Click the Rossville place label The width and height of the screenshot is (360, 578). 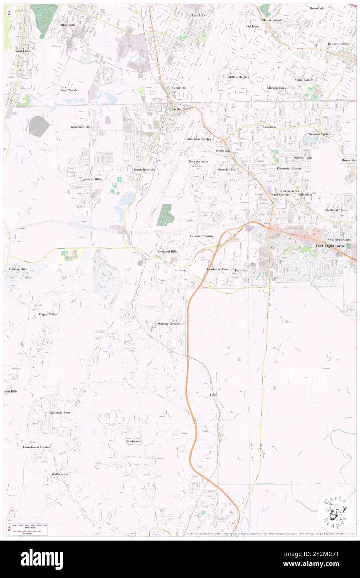click(x=175, y=109)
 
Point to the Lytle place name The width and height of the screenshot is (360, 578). click(x=214, y=394)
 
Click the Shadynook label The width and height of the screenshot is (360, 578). click(x=133, y=441)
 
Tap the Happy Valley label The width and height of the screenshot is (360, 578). click(x=48, y=314)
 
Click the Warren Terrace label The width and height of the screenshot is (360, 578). click(x=168, y=324)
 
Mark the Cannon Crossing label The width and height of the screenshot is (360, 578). click(x=202, y=236)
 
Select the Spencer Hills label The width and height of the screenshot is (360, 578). click(x=92, y=179)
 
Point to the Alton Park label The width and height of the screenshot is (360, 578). click(x=67, y=25)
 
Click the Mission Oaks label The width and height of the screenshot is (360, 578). click(x=276, y=88)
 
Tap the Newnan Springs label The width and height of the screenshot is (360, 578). click(x=320, y=134)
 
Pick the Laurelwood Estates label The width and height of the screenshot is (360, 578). click(x=36, y=447)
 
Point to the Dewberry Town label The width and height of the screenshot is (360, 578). click(x=218, y=269)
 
